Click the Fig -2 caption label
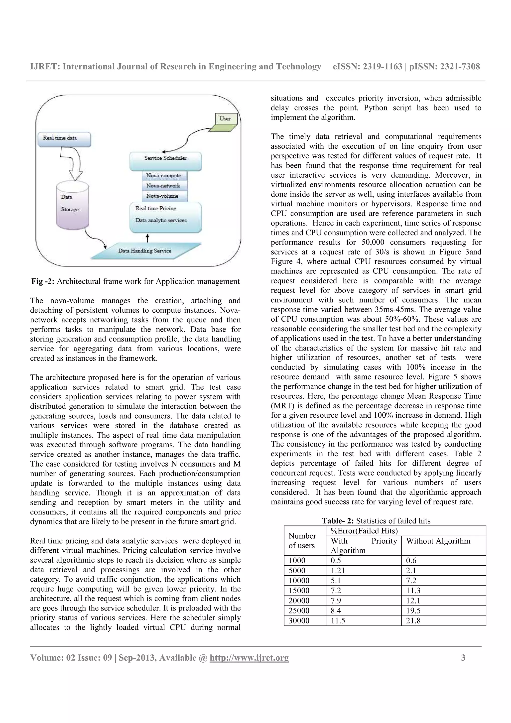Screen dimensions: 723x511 pyautogui.click(x=43, y=281)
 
